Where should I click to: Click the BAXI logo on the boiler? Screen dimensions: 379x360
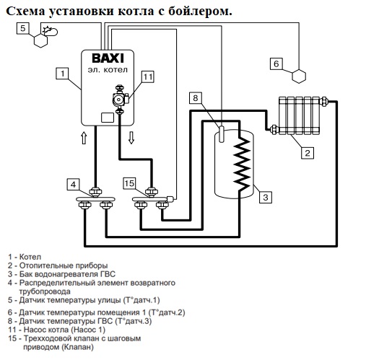(x=108, y=58)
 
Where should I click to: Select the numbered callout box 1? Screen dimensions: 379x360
(x=62, y=74)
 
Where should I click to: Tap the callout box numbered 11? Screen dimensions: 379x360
(x=148, y=77)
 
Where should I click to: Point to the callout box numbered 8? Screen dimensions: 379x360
(x=196, y=98)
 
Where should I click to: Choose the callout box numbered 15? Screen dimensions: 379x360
(x=129, y=183)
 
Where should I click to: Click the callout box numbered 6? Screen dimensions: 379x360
(x=276, y=63)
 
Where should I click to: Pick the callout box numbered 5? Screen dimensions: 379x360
(x=22, y=28)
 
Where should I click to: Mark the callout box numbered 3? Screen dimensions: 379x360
(x=266, y=197)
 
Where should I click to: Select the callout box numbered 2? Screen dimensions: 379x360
(x=308, y=153)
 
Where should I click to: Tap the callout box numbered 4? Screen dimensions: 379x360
(x=73, y=185)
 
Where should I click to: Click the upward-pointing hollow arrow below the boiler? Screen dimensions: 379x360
(x=84, y=138)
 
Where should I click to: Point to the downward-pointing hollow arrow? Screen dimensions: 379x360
(x=131, y=138)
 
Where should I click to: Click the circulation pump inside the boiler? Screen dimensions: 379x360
(x=120, y=99)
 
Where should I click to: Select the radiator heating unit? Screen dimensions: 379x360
(x=300, y=115)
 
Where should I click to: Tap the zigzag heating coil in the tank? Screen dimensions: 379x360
(x=242, y=164)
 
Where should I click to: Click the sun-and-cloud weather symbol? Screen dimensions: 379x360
(x=50, y=31)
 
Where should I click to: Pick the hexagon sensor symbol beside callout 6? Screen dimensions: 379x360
(x=299, y=76)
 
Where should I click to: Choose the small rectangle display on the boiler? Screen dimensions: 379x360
(x=108, y=118)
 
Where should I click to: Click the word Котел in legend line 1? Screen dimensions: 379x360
(x=30, y=257)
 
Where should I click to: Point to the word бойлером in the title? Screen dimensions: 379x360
(x=200, y=11)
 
